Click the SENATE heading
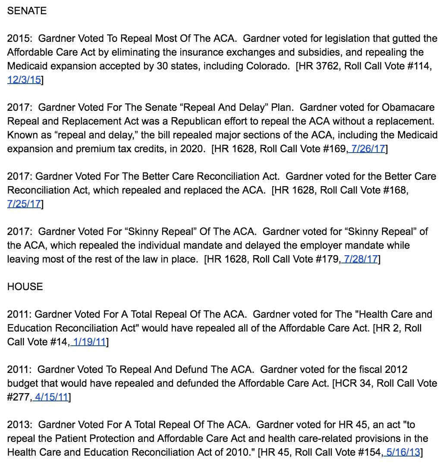tap(27, 11)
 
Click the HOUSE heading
tap(25, 287)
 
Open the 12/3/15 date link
tap(24, 80)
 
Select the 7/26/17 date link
tap(368, 149)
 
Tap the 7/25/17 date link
tap(24, 204)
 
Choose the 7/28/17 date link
tap(361, 259)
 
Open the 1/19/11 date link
tap(89, 342)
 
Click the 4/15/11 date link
tap(51, 397)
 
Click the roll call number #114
tap(419, 66)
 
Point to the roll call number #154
tap(370, 452)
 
